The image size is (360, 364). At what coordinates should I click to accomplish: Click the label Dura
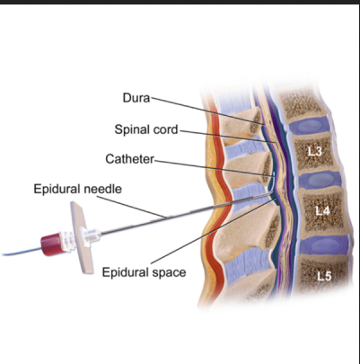[x=136, y=98]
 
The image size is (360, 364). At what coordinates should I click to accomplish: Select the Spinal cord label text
[x=146, y=129]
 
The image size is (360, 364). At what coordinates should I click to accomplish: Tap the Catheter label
[x=129, y=159]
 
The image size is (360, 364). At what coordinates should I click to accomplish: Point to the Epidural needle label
[x=78, y=189]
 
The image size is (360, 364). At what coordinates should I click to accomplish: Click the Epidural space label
[x=144, y=272]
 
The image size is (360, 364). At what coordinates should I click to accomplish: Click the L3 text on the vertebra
[x=315, y=151]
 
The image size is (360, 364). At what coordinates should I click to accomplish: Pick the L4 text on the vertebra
[x=322, y=211]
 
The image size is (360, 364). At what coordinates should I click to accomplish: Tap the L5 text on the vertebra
[x=324, y=276]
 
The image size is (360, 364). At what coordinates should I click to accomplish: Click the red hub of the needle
[x=52, y=244]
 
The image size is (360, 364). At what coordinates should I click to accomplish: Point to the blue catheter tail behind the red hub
[x=22, y=253]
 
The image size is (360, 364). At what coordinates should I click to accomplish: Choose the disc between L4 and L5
[x=325, y=245]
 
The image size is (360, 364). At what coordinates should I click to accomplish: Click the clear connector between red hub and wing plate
[x=67, y=238]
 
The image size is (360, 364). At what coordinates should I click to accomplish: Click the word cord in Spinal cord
[x=166, y=129]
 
